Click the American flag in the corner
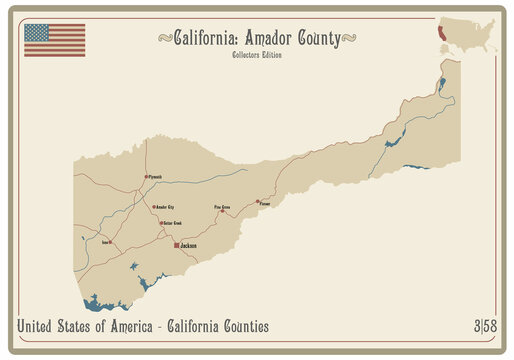point(55,40)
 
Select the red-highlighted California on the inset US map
point(440,34)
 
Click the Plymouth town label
point(156,177)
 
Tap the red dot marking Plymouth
point(146,177)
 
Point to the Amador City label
point(165,207)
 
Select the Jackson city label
point(188,245)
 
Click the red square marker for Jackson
point(176,244)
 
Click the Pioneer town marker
point(257,201)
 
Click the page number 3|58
point(485,327)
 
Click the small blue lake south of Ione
point(133,266)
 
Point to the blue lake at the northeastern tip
point(441,84)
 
